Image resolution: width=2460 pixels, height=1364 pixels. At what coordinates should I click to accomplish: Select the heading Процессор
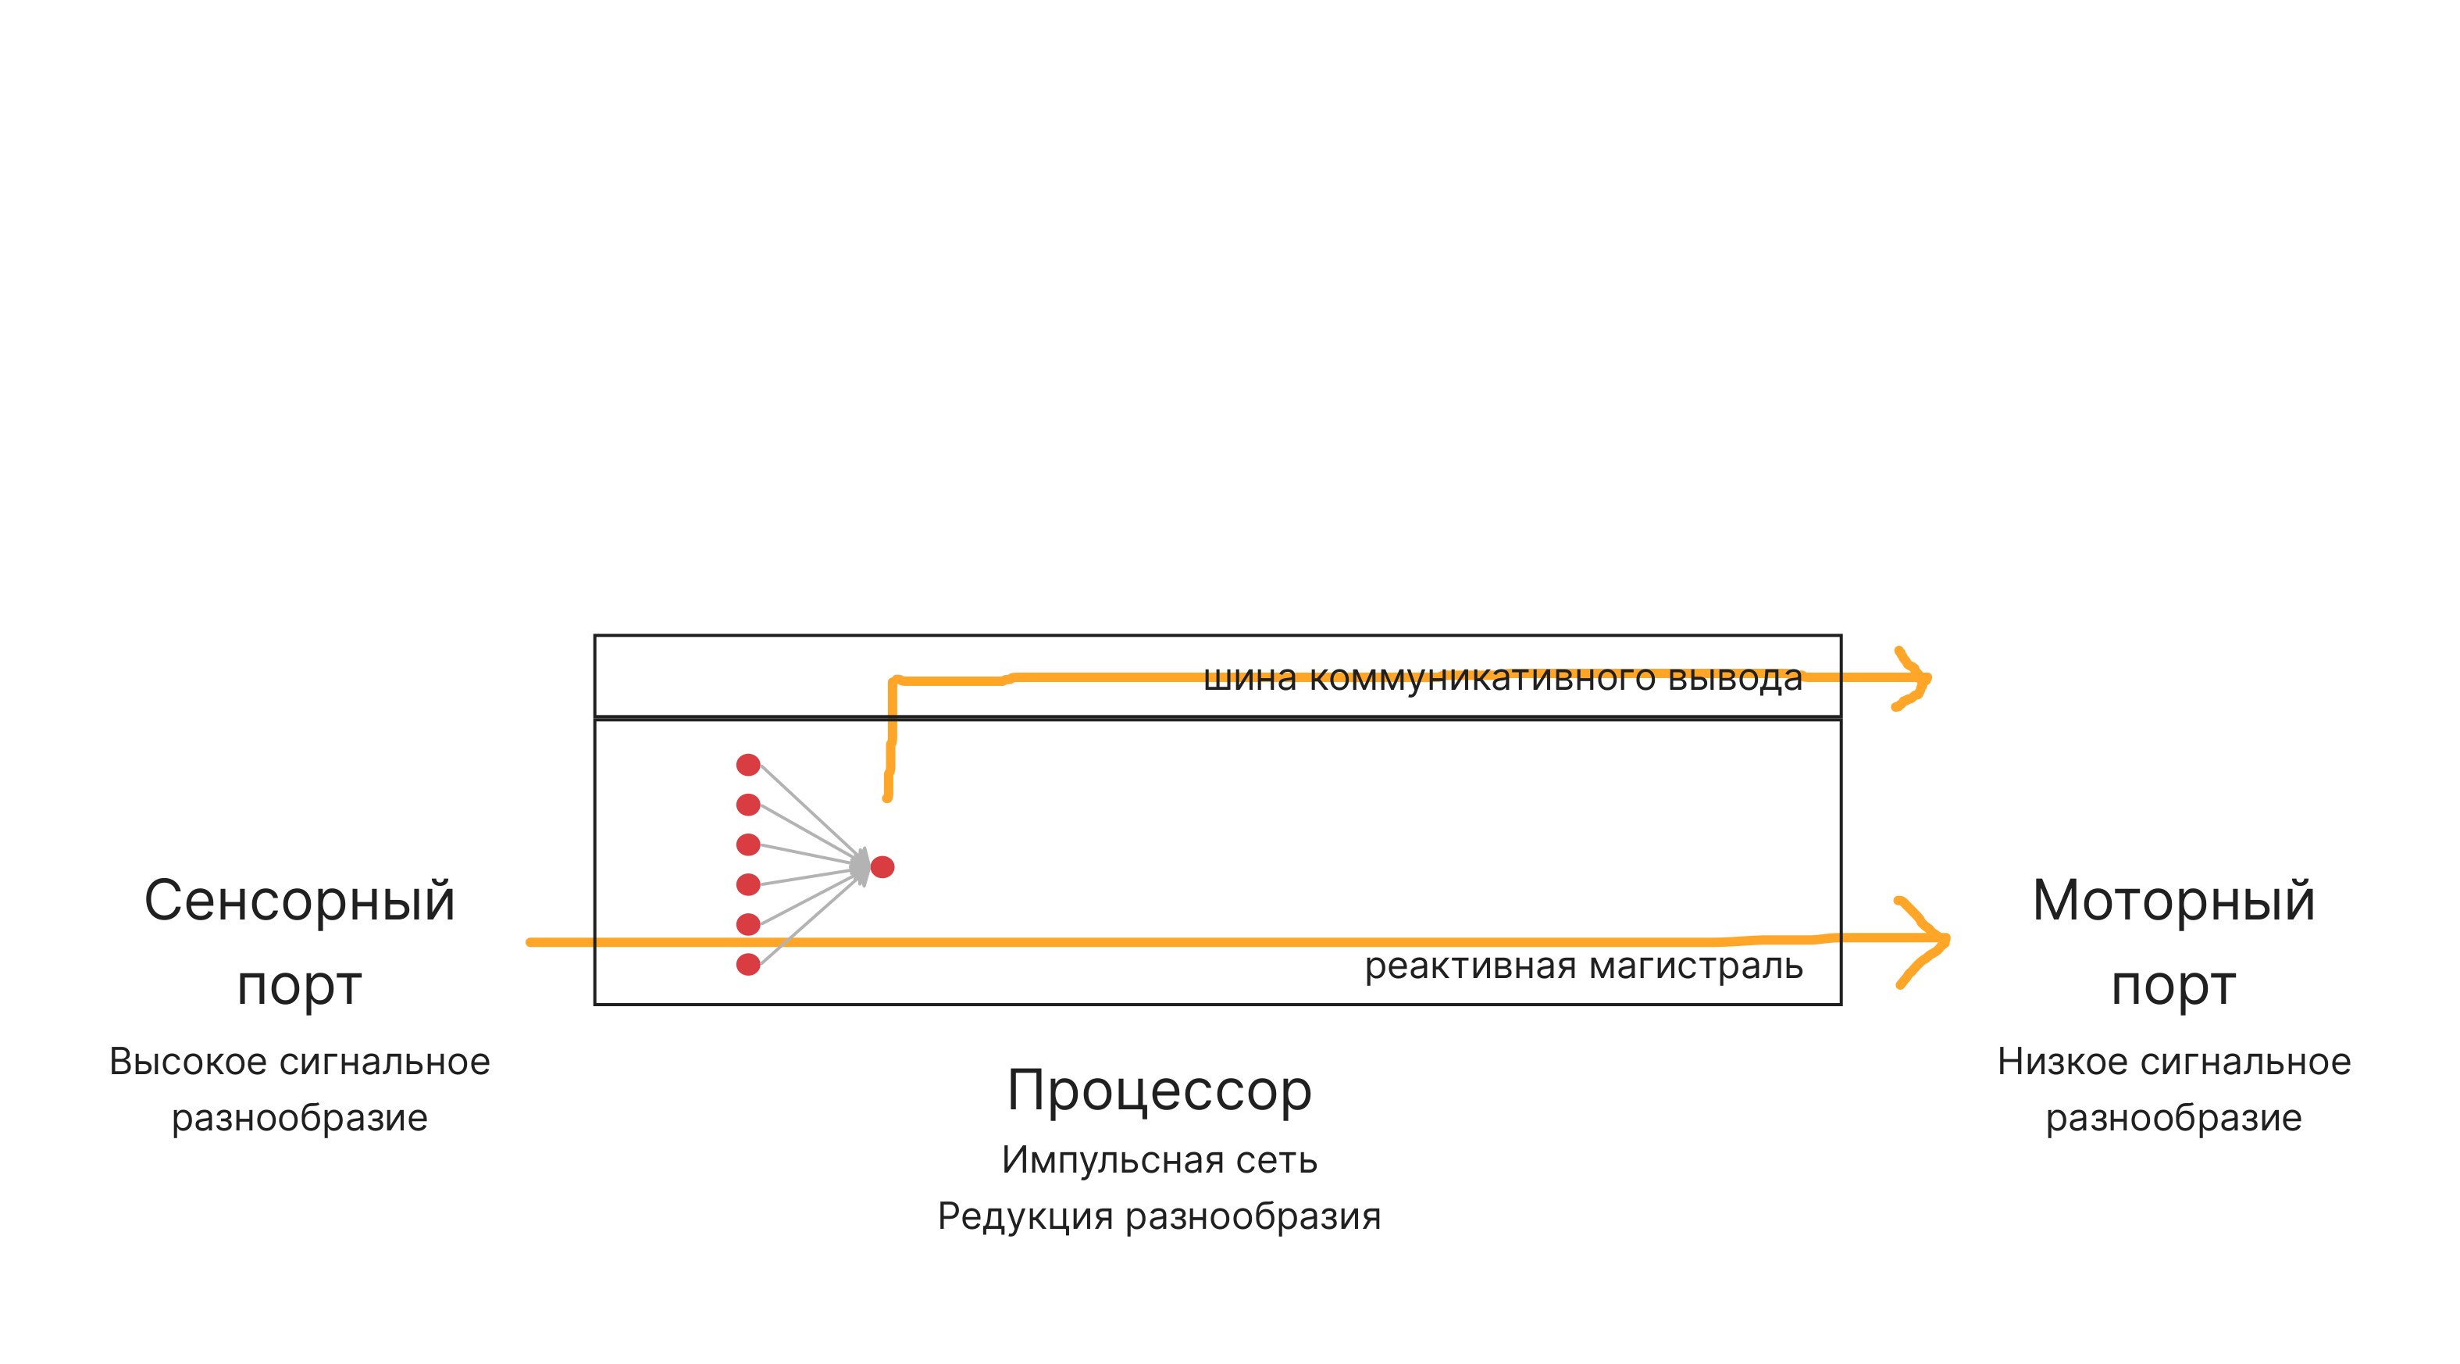[x=1160, y=1090]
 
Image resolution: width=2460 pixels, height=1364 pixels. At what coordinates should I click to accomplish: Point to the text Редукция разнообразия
[x=1160, y=1216]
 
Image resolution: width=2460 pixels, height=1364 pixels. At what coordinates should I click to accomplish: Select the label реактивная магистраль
[x=1583, y=966]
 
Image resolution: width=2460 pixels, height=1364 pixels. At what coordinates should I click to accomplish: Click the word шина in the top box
[x=1249, y=678]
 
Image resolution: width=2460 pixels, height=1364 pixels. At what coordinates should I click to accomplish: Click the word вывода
[x=1735, y=678]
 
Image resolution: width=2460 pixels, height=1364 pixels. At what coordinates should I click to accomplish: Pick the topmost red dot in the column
[x=747, y=764]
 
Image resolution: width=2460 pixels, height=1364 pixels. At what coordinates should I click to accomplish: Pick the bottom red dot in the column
[x=747, y=965]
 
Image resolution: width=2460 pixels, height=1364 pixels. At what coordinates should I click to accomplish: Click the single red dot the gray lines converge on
[x=882, y=867]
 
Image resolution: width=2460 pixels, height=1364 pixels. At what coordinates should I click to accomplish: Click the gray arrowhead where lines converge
[x=861, y=866]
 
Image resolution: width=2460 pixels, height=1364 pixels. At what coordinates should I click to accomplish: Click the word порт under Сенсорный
[x=299, y=986]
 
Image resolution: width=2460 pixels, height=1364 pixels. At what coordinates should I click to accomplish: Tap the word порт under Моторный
[x=2173, y=986]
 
